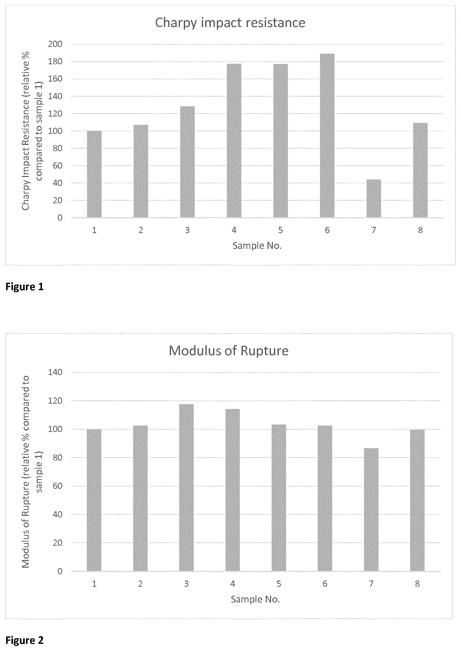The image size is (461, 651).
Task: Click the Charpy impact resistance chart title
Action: [230, 23]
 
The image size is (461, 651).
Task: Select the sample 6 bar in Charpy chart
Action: [327, 136]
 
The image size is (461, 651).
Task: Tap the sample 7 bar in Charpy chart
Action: [374, 198]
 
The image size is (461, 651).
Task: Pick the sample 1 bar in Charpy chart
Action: [94, 174]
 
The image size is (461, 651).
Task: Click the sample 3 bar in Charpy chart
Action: [187, 162]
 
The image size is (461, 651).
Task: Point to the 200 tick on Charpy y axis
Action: [56, 44]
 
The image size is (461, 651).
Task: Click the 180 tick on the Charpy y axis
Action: [56, 61]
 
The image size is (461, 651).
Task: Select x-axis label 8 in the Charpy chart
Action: [420, 230]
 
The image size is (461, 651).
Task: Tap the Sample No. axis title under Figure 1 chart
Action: [257, 245]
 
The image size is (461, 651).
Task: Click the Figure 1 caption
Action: [25, 287]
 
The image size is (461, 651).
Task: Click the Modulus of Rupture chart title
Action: [229, 351]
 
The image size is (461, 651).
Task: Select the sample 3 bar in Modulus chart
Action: [187, 488]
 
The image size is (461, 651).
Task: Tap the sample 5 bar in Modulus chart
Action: [279, 498]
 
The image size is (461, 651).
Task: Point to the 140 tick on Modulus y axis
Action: [56, 372]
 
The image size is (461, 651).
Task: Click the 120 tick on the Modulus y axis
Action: [56, 401]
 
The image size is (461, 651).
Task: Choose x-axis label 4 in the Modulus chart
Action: [232, 584]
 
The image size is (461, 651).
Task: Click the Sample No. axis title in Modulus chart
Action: [255, 599]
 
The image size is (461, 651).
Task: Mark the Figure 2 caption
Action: [25, 640]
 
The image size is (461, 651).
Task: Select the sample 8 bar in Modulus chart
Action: [417, 500]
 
